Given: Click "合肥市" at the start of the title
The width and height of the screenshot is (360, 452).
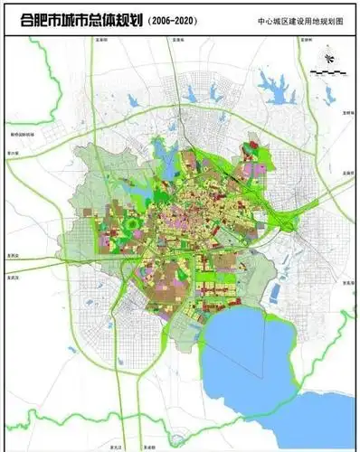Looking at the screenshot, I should point(31,19).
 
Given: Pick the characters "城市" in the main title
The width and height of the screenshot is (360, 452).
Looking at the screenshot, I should point(68,19).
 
